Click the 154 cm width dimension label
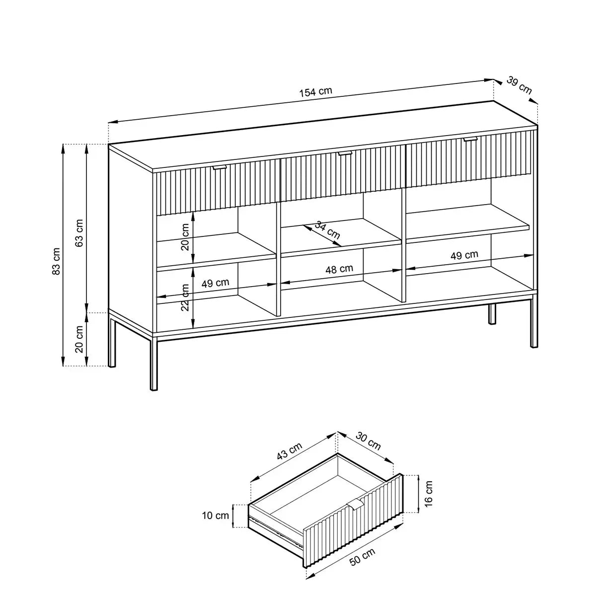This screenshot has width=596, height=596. pyautogui.click(x=315, y=92)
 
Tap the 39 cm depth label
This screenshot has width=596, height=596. pyautogui.click(x=520, y=85)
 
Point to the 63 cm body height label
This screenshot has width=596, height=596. pyautogui.click(x=79, y=232)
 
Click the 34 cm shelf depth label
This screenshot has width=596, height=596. pyautogui.click(x=327, y=230)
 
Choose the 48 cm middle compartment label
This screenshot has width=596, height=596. pyautogui.click(x=339, y=269)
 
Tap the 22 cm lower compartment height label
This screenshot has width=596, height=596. pyautogui.click(x=185, y=297)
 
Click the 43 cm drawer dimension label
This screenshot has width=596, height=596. pyautogui.click(x=289, y=451)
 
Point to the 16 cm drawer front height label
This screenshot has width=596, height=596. pyautogui.click(x=428, y=498)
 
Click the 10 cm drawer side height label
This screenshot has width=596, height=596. pyautogui.click(x=216, y=516)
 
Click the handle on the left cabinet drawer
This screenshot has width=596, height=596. pyautogui.click(x=220, y=167)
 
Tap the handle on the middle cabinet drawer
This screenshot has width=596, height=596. pyautogui.click(x=345, y=153)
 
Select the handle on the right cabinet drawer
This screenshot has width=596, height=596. pyautogui.click(x=470, y=139)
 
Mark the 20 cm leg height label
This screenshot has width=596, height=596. pyautogui.click(x=79, y=339)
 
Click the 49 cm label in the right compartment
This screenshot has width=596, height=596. pyautogui.click(x=464, y=255)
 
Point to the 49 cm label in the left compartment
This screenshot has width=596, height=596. pyautogui.click(x=215, y=283)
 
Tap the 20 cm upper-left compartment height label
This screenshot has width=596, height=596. pyautogui.click(x=185, y=237)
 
